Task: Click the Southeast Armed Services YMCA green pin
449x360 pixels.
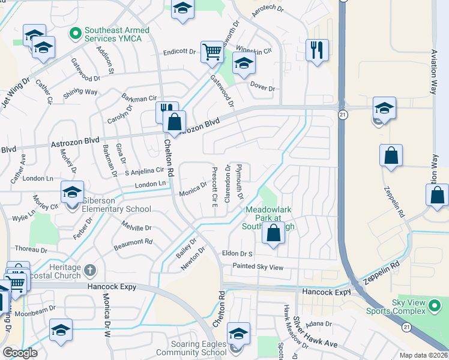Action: coord(76,32)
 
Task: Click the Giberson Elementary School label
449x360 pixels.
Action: coord(117,209)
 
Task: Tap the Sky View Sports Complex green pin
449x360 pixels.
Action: coord(434,307)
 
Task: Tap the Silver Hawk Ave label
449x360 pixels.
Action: coord(315,332)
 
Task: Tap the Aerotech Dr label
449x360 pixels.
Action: coord(267,8)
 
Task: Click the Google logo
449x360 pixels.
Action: coord(20,353)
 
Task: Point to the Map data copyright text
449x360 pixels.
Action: coord(424,355)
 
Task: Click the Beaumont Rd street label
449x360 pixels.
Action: coord(133,243)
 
